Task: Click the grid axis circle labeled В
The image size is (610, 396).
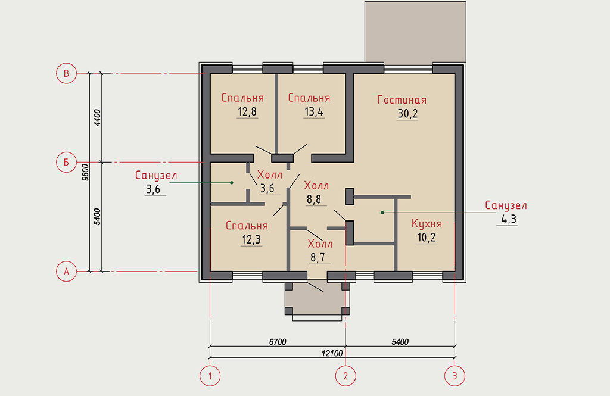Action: click(x=66, y=73)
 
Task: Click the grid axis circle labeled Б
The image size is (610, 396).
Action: click(x=66, y=162)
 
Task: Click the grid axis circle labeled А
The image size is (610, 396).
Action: click(x=66, y=272)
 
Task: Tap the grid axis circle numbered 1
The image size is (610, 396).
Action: click(x=210, y=376)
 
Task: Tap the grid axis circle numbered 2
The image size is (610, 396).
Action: click(x=346, y=376)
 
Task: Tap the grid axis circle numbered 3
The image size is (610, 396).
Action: click(x=455, y=376)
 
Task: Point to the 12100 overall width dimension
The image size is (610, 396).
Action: click(x=332, y=353)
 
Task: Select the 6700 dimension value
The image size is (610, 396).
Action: click(x=278, y=342)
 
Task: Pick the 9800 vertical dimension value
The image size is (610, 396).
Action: click(x=86, y=172)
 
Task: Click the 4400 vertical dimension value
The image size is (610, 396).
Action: click(x=97, y=117)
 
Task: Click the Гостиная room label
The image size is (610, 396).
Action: click(x=402, y=100)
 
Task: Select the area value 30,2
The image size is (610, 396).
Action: click(x=407, y=114)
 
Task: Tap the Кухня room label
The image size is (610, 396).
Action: click(x=427, y=224)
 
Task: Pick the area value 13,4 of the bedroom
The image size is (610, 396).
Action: click(x=314, y=112)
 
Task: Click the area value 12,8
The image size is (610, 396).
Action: click(x=247, y=112)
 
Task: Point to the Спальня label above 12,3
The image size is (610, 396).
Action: click(x=247, y=226)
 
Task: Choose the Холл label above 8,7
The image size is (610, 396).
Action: click(x=320, y=244)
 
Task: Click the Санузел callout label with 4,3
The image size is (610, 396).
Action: click(x=506, y=205)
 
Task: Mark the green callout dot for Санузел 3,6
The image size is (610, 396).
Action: click(x=232, y=182)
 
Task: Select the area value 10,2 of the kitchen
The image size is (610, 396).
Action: click(x=427, y=238)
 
